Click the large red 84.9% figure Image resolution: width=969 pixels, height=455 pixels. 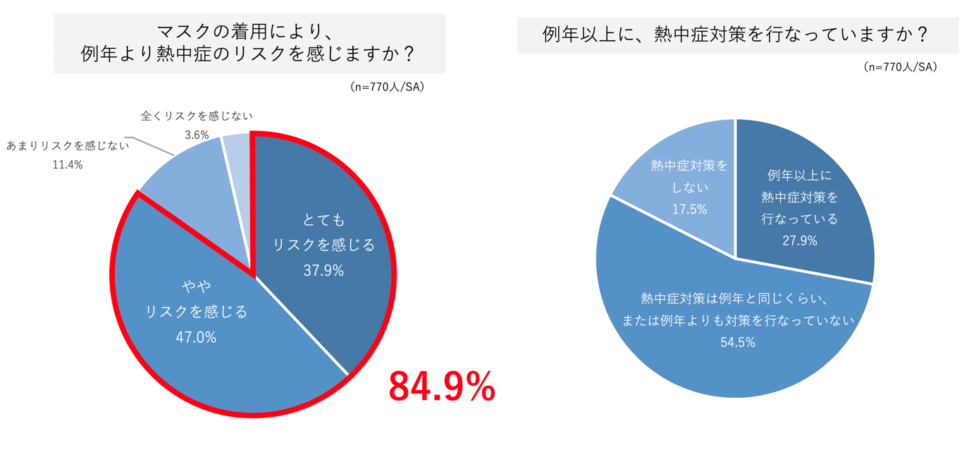442,387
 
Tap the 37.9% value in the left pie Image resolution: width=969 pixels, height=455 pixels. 323,270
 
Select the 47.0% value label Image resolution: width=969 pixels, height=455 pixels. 196,337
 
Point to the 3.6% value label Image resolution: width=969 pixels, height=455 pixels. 197,135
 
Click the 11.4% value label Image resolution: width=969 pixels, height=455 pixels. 68,164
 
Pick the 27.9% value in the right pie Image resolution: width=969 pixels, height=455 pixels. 799,241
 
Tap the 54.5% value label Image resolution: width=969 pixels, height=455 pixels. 738,342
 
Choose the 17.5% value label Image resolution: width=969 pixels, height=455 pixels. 689,210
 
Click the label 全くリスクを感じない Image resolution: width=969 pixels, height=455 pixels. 197,116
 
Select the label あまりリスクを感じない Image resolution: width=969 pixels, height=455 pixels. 68,146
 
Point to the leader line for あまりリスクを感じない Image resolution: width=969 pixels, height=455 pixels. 152,145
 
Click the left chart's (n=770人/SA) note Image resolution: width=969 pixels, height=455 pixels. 387,87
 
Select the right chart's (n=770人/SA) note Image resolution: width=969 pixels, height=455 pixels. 900,67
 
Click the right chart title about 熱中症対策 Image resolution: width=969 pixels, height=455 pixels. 737,35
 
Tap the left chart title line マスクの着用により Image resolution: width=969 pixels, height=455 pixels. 249,32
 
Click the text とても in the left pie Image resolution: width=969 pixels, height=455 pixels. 323,220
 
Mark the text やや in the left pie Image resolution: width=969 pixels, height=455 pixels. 196,286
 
